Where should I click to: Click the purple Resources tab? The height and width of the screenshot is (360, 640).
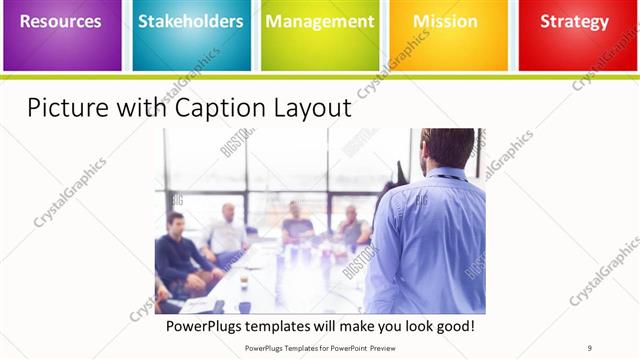coord(62,35)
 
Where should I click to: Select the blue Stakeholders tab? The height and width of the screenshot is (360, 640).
coord(190,35)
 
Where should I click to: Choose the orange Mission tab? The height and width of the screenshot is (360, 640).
coord(446,35)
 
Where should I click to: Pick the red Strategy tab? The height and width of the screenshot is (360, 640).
coord(575,35)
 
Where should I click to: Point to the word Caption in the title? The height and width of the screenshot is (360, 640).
coord(201,108)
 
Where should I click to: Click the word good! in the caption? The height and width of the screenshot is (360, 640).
coord(453,326)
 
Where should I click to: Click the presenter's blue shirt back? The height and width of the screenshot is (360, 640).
coord(430,240)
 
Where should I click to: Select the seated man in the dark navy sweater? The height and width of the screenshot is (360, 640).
coord(180,255)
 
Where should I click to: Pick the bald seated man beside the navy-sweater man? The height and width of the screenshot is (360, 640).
coord(226,235)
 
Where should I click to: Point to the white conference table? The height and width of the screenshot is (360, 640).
coord(280,285)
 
